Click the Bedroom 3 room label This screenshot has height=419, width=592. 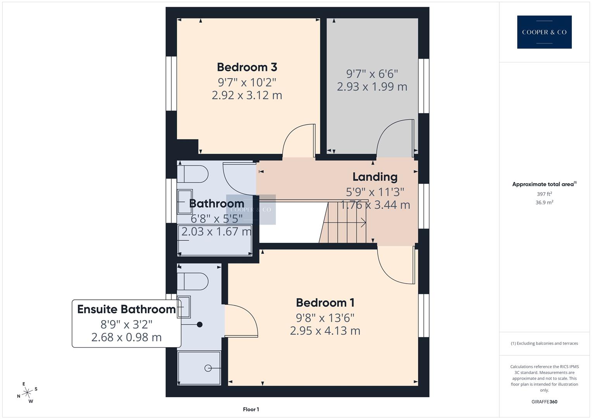pos(247,67)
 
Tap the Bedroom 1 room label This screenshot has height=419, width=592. pos(325,303)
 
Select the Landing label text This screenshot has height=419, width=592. pos(375,177)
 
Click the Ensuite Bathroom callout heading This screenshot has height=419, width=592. pos(126,309)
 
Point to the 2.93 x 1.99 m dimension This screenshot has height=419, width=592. pos(372,87)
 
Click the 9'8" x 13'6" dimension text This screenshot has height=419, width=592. pos(325,318)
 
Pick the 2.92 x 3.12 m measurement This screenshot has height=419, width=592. pos(247,95)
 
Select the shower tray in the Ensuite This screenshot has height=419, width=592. pos(199,368)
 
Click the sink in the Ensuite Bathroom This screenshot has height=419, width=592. pos(184,307)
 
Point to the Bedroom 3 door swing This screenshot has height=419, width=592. pos(299,140)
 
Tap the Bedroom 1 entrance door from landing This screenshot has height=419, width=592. pos(395,266)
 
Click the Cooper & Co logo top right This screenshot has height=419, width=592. pos(544,32)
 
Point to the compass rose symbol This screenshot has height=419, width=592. pos(27,393)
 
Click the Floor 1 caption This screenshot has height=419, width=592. pos(251,409)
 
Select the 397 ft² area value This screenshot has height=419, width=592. pos(544,194)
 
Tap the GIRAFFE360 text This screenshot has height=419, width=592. pos(544,402)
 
